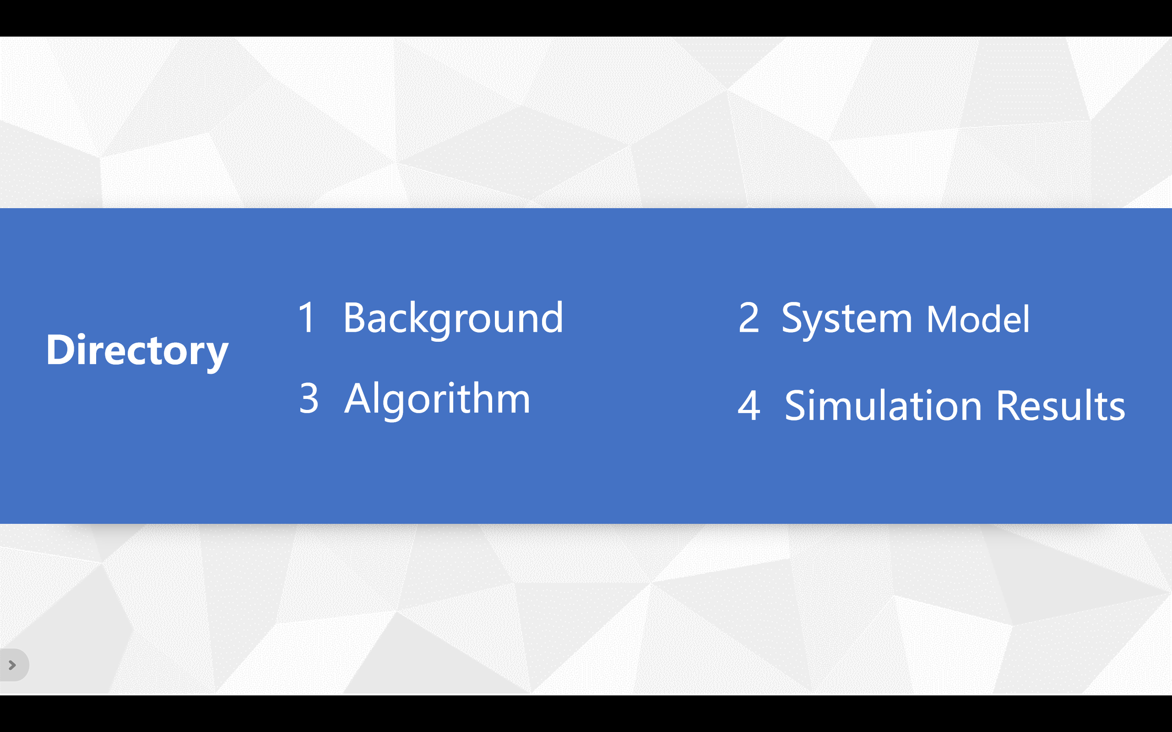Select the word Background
(453, 319)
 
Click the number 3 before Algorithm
(309, 398)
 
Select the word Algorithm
(437, 400)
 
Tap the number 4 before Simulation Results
(749, 406)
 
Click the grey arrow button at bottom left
(13, 665)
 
